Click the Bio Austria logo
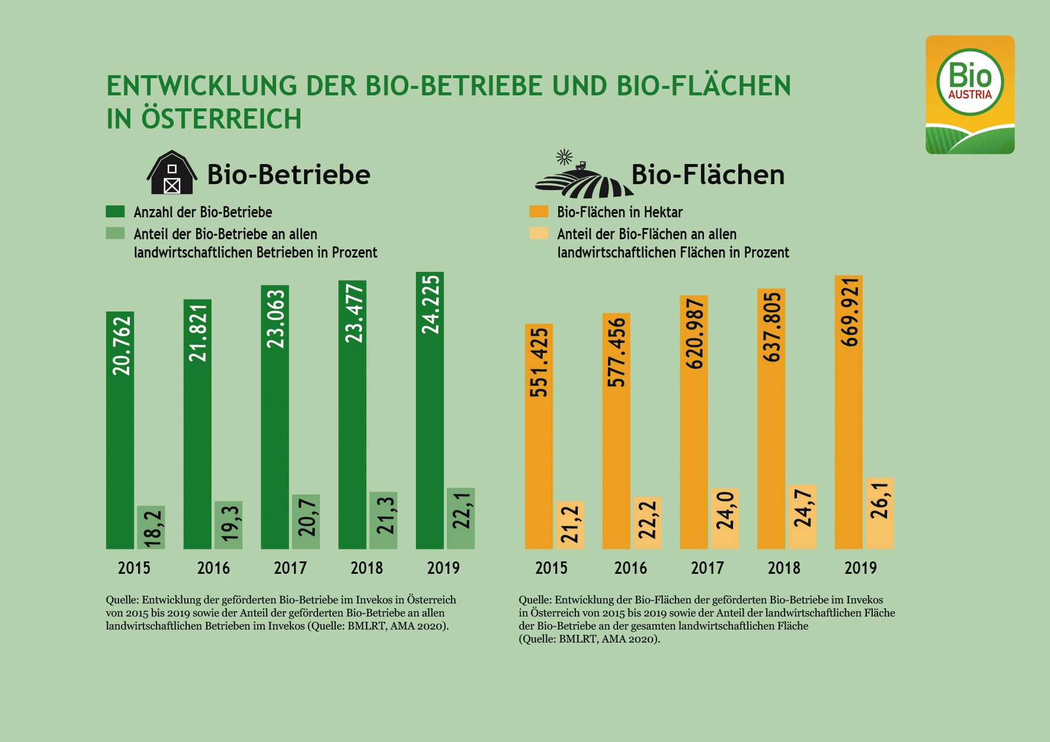(x=969, y=95)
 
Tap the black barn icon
(x=171, y=173)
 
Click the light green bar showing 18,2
(x=151, y=527)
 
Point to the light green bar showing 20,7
(x=306, y=521)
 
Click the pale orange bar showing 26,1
(x=879, y=513)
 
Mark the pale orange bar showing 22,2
(x=647, y=522)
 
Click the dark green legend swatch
(x=115, y=211)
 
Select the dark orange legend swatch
(x=539, y=211)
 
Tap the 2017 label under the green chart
(x=290, y=568)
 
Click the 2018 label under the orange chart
(x=784, y=568)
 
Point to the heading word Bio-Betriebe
(x=289, y=175)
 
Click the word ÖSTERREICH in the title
(x=221, y=119)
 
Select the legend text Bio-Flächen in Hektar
(x=620, y=212)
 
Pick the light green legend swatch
(x=115, y=233)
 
